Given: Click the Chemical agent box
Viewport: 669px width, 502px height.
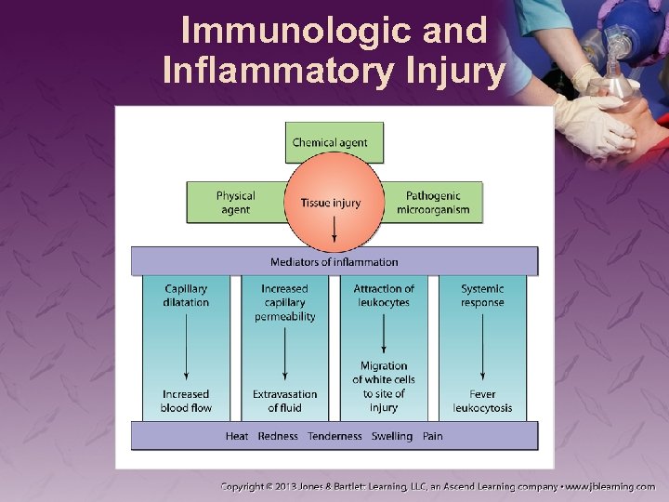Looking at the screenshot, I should click(330, 142).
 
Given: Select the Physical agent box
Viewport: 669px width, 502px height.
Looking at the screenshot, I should click(235, 203).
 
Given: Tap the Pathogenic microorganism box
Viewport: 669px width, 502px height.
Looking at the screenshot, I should click(433, 203).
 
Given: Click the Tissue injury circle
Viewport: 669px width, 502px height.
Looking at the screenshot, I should click(331, 203).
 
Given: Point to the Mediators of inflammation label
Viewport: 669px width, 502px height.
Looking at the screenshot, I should click(334, 262).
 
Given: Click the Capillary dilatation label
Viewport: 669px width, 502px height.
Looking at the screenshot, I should click(186, 296).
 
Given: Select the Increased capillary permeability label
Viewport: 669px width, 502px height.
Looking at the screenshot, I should click(284, 302).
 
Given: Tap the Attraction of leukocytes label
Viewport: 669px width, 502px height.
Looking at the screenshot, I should click(384, 296).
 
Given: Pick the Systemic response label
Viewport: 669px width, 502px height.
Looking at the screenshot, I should click(482, 296).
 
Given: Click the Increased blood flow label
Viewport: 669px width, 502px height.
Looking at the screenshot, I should click(186, 401).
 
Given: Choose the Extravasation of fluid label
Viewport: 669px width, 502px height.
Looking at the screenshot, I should click(284, 401).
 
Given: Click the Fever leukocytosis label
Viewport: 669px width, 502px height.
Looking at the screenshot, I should click(482, 401).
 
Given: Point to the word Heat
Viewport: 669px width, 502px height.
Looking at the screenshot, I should click(237, 436).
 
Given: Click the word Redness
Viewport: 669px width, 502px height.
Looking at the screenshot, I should click(278, 436).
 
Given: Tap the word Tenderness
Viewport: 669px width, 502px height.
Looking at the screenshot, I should click(334, 436).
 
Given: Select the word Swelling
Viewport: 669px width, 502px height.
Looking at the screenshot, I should click(392, 436).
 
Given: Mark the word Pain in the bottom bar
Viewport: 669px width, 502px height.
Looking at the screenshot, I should click(432, 436).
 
